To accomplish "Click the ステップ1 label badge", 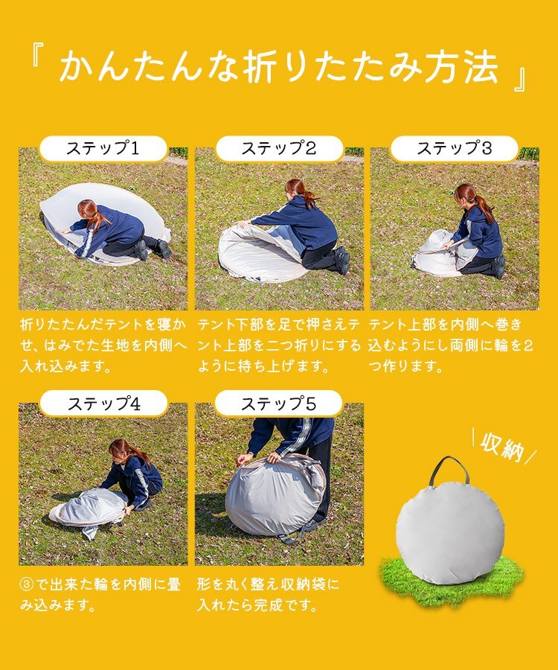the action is pos(103,149).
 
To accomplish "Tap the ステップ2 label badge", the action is pos(279,149).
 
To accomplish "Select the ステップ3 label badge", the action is pos(455,149).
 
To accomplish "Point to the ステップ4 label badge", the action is pos(103,403).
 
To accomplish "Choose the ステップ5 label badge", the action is pos(278,403).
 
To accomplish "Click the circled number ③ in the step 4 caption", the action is pos(27,584).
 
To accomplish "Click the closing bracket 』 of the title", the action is pos(521,78).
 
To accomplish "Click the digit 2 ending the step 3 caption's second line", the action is pos(527,345).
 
